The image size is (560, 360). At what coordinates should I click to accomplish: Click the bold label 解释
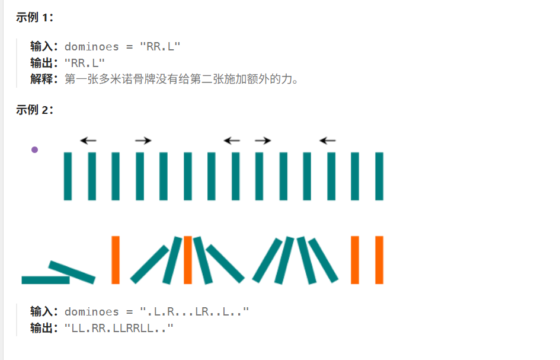tap(43, 79)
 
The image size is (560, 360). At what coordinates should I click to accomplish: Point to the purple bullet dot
tap(34, 149)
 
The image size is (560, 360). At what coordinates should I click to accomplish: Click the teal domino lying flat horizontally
tap(45, 280)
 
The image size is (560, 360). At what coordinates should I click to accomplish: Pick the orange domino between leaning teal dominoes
tap(187, 259)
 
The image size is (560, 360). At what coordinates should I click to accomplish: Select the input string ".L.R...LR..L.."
tap(194, 311)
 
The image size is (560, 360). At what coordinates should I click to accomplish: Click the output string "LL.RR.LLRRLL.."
tap(119, 327)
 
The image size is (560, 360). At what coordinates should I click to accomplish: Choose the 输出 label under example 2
tap(43, 327)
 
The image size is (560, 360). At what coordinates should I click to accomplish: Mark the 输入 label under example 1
tap(43, 47)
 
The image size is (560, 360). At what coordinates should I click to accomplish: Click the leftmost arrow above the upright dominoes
tap(88, 141)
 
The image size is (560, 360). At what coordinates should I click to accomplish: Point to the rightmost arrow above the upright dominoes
tap(327, 141)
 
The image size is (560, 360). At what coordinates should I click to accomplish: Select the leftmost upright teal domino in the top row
tap(68, 176)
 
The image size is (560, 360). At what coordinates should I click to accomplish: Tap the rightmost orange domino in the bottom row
tap(379, 259)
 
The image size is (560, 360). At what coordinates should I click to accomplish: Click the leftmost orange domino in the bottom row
tap(116, 259)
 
